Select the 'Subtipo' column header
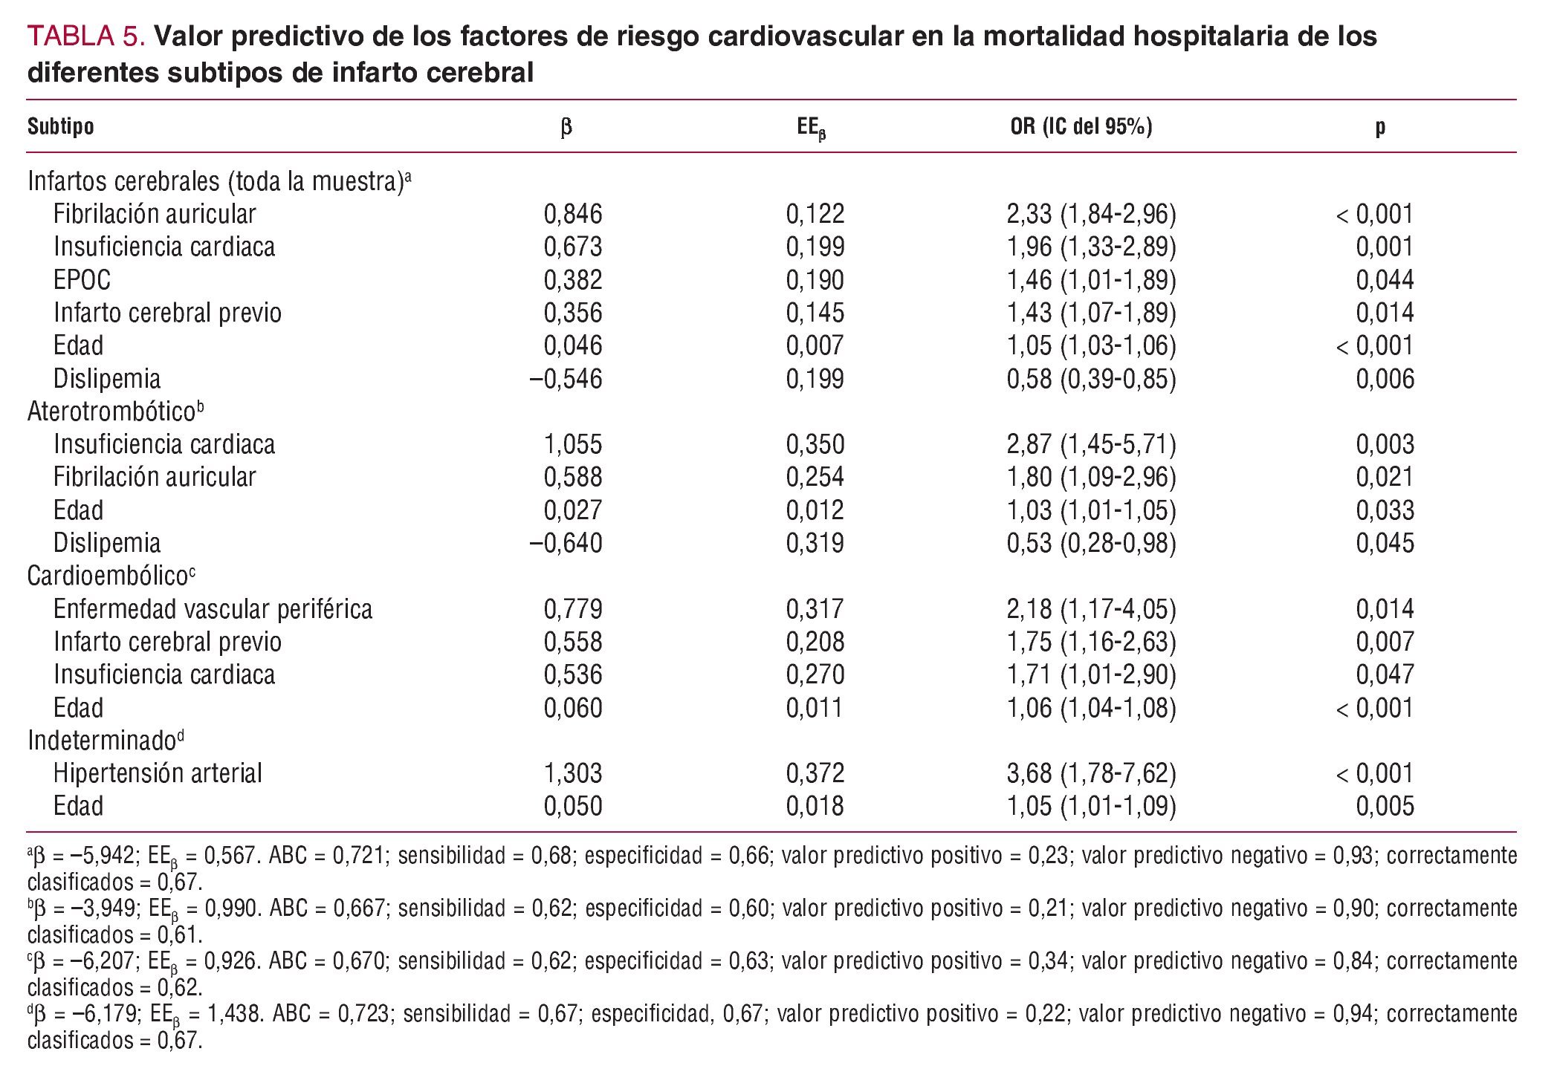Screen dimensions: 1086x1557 (x=61, y=126)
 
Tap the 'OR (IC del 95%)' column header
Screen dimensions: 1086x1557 (x=1081, y=126)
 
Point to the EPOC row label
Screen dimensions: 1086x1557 (x=82, y=280)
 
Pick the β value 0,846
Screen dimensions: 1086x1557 (x=573, y=214)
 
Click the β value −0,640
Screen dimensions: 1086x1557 (x=566, y=543)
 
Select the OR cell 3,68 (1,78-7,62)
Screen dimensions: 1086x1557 (x=1091, y=773)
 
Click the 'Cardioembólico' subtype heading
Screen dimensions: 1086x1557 (x=109, y=576)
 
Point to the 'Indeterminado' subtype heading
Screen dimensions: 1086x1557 (x=103, y=741)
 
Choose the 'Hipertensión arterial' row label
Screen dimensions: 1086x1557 (x=158, y=773)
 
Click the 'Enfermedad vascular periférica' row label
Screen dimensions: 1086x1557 (x=213, y=609)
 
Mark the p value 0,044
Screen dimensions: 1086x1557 (x=1385, y=280)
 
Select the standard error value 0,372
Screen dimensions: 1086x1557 (x=815, y=773)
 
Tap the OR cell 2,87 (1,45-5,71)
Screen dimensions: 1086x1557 (x=1091, y=444)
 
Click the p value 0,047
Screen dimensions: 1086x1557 (x=1385, y=674)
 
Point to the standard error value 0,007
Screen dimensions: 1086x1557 (x=815, y=345)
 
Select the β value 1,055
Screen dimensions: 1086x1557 (x=573, y=444)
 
